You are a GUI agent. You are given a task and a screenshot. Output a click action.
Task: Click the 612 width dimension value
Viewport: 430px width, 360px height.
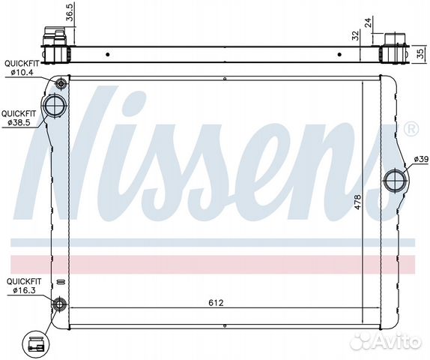tap(216, 303)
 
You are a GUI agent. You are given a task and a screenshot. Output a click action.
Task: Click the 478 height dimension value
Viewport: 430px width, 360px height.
tap(357, 202)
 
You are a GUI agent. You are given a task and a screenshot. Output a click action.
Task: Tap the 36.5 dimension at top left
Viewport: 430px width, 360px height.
tap(70, 13)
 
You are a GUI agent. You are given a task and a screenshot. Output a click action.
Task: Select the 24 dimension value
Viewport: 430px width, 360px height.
tap(369, 22)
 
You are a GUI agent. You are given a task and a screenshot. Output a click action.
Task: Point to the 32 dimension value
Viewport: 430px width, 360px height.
tap(355, 35)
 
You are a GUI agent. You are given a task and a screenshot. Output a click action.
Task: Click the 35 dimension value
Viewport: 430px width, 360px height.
tap(420, 53)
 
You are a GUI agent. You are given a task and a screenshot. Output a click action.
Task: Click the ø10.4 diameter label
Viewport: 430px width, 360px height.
tap(22, 73)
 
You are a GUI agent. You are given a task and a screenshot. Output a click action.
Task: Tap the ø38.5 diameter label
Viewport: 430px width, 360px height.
tap(19, 122)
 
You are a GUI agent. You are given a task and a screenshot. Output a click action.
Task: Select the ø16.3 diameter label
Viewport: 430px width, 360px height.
tap(24, 290)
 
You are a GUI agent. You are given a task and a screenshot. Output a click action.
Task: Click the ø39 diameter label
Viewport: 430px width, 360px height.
tap(421, 159)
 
